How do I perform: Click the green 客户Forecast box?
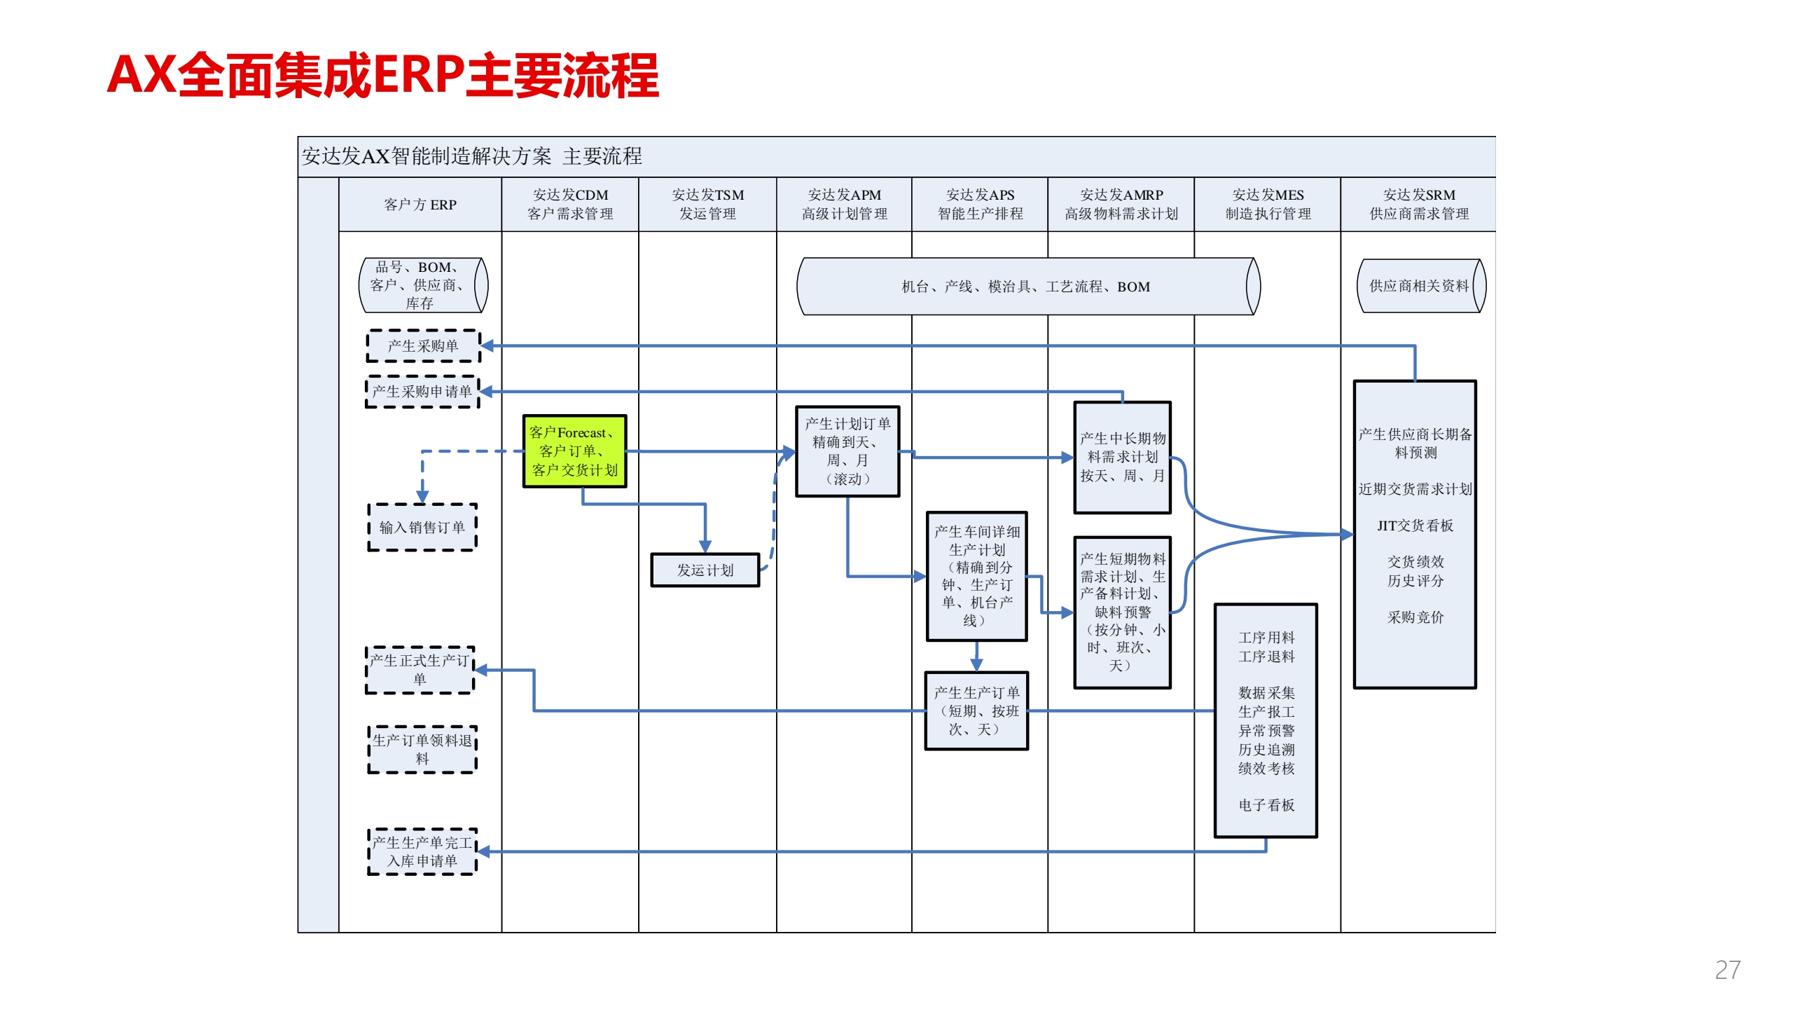pyautogui.click(x=574, y=451)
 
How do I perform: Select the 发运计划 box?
pyautogui.click(x=705, y=570)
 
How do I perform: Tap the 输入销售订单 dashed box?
pyautogui.click(x=422, y=528)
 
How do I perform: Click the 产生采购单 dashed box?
pyautogui.click(x=423, y=346)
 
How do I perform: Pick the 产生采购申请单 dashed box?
pyautogui.click(x=422, y=392)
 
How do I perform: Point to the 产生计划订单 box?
pyautogui.click(x=847, y=452)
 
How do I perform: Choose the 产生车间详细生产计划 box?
pyautogui.click(x=976, y=576)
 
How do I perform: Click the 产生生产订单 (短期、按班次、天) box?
pyautogui.click(x=976, y=711)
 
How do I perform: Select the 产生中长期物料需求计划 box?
pyautogui.click(x=1122, y=458)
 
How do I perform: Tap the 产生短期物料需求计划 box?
pyautogui.click(x=1122, y=612)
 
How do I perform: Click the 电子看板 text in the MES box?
pyautogui.click(x=1266, y=805)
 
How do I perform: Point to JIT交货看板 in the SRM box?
pyautogui.click(x=1415, y=526)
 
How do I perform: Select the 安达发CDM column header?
pyautogui.click(x=570, y=205)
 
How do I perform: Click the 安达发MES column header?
pyautogui.click(x=1268, y=205)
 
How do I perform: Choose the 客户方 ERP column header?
pyautogui.click(x=420, y=205)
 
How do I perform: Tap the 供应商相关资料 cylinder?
pyautogui.click(x=1420, y=286)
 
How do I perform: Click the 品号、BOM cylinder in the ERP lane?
pyautogui.click(x=422, y=285)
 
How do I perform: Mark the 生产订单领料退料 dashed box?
pyautogui.click(x=422, y=750)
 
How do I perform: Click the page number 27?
pyautogui.click(x=1727, y=970)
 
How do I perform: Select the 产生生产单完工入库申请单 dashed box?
pyautogui.click(x=422, y=852)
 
